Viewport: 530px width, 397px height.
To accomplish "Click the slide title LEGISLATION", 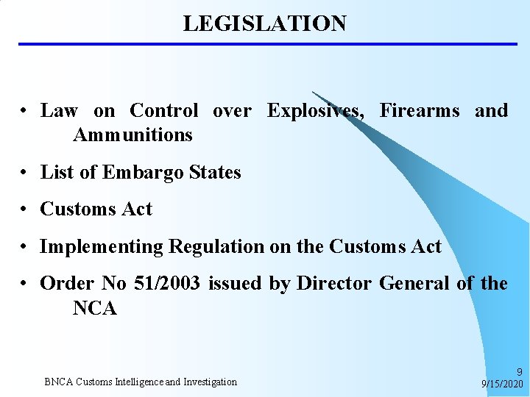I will pos(264,24).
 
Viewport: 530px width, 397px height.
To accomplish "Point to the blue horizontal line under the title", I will pos(268,44).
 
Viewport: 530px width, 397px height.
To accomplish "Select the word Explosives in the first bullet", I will pos(315,111).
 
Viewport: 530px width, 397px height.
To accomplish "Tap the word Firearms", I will pos(419,111).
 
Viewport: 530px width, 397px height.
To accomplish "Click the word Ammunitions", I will pos(132,135).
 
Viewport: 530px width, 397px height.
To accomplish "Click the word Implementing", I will pos(102,247).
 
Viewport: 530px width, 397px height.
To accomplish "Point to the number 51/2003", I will pos(167,284).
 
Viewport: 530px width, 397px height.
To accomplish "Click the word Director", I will pos(334,284).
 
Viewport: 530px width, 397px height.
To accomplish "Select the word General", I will pos(413,284).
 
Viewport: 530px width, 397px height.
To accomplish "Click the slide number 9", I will pos(519,373).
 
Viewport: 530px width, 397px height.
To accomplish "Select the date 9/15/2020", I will pos(502,385).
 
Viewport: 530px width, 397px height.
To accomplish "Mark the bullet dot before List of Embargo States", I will pos(24,174).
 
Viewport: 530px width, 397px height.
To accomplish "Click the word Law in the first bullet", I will pos(59,111).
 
